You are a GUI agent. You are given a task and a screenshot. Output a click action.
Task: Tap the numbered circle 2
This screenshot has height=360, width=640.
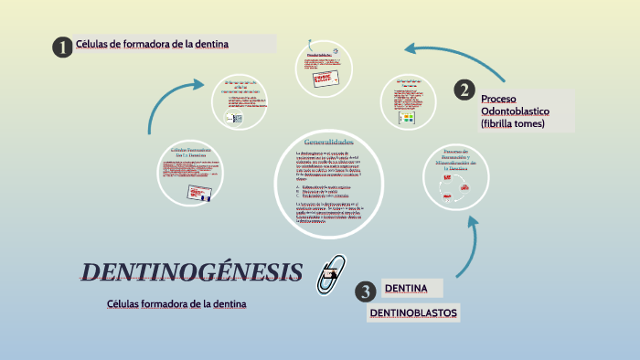465,90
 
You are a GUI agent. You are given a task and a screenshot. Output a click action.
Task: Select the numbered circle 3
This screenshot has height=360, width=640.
366,291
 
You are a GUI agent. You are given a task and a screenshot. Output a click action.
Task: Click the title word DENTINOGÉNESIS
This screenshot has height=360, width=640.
192,271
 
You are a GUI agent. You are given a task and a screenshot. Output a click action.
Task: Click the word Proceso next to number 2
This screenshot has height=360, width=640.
499,98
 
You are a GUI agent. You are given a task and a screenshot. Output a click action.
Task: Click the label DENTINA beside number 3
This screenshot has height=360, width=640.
406,290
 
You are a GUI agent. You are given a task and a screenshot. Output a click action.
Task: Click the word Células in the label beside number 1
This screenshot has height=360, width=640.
91,44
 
